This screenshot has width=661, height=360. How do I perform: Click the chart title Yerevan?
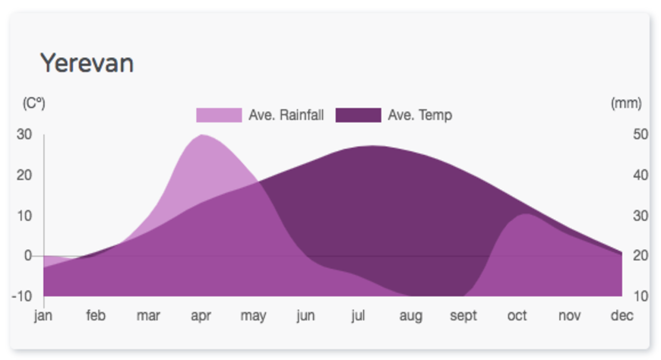[87, 63]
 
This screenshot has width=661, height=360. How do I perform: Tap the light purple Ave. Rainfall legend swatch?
[219, 115]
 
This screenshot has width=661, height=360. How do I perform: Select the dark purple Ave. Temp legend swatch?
[359, 115]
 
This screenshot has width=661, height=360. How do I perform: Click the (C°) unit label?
[33, 103]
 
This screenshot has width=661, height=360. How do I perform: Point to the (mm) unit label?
[626, 103]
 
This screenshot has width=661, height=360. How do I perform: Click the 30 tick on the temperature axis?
[24, 134]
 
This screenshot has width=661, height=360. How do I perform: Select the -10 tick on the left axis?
[21, 296]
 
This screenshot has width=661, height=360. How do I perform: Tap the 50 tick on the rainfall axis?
[640, 134]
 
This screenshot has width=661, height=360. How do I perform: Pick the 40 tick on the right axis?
[640, 175]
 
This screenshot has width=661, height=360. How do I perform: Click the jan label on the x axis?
[43, 316]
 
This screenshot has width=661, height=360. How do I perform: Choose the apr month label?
[201, 316]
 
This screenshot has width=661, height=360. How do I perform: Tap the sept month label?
[463, 316]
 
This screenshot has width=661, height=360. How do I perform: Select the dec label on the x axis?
[621, 315]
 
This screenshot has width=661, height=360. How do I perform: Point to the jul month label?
[358, 316]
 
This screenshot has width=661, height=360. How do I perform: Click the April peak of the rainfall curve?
[202, 135]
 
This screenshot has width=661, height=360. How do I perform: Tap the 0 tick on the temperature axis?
[28, 255]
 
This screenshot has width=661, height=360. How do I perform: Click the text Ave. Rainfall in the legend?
[286, 115]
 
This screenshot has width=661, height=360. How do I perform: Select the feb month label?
[96, 315]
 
